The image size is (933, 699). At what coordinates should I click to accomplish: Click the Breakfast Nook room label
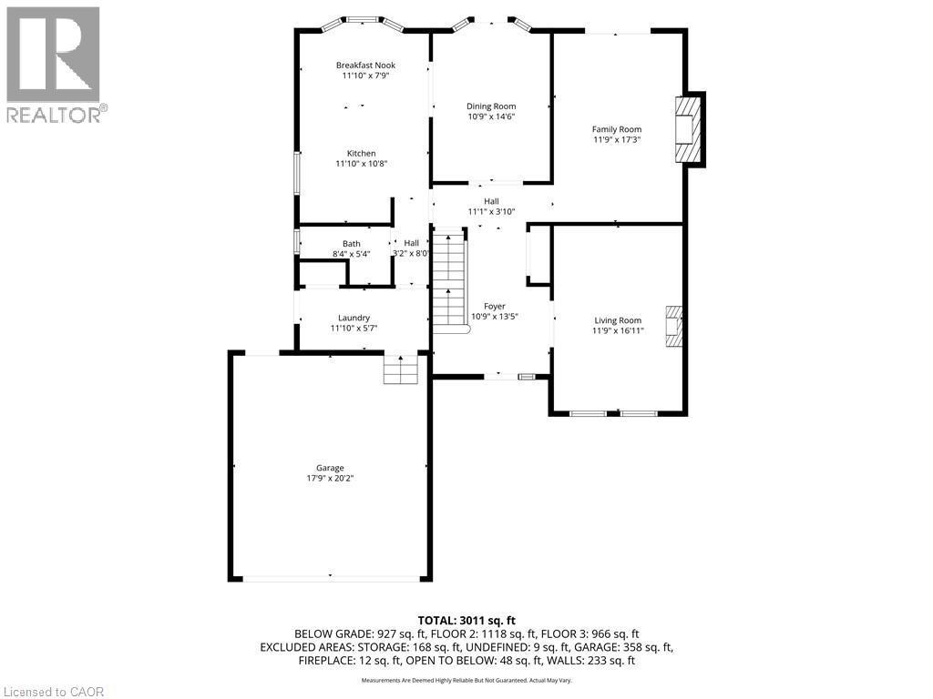point(365,65)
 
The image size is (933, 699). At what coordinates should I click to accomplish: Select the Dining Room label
point(491,106)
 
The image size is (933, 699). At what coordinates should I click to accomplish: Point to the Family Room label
point(617,129)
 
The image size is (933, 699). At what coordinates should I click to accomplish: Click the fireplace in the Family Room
point(686,129)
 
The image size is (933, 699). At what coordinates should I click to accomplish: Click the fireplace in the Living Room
point(674,325)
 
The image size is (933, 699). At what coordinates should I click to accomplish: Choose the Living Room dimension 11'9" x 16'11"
point(618,331)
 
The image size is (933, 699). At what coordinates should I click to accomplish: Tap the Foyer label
point(494,307)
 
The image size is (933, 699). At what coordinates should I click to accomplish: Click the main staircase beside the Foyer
point(448,282)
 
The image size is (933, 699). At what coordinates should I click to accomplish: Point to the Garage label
point(330,468)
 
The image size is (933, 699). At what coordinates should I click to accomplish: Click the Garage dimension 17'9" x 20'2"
point(330,479)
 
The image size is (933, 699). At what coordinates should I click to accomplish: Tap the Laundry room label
point(354,318)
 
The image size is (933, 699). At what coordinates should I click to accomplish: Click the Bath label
point(351,243)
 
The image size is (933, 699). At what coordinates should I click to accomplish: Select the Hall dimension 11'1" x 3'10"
point(491,211)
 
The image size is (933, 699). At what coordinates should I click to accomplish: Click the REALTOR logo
point(54,65)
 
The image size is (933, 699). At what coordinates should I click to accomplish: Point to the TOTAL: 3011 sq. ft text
point(466,620)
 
